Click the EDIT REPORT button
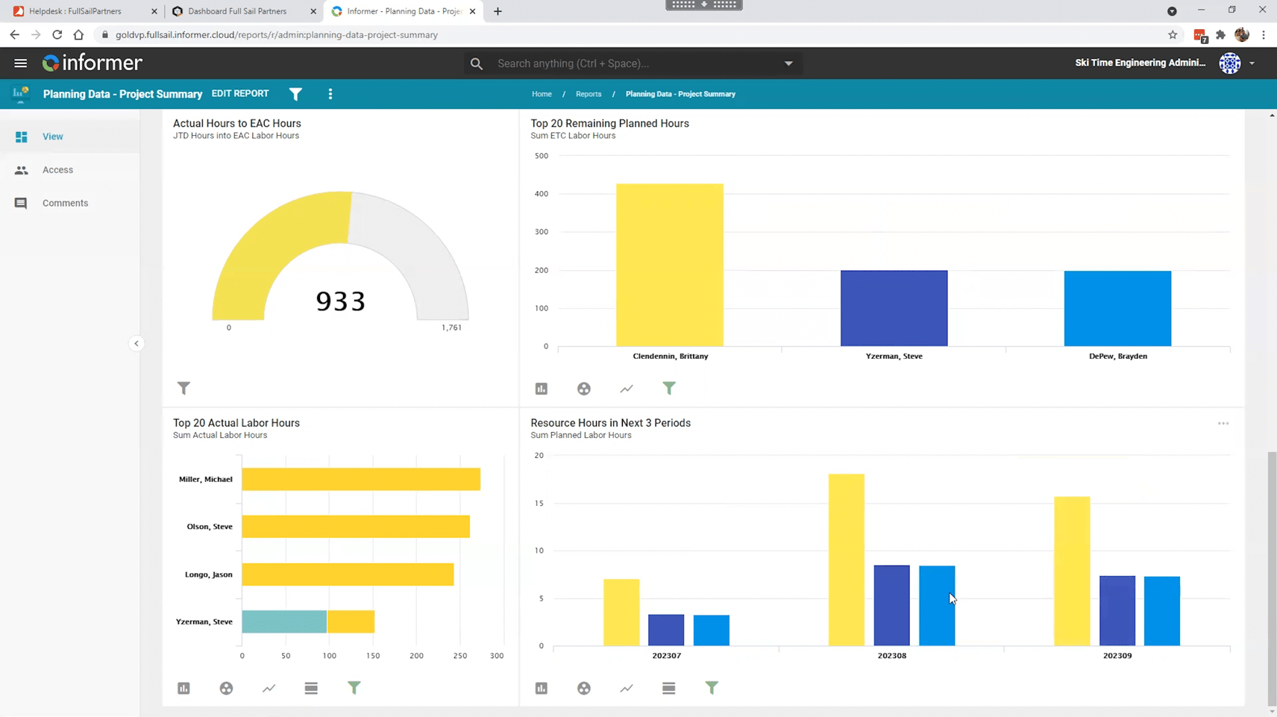[x=239, y=94]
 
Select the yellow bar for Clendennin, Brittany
[x=669, y=265]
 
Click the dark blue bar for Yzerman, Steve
[x=894, y=308]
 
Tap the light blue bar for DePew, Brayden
[x=1117, y=308]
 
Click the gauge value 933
[x=341, y=301]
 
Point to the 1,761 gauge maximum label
[x=451, y=328]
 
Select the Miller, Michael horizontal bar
[x=360, y=479]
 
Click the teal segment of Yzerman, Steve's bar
[x=283, y=621]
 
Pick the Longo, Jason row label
[x=208, y=574]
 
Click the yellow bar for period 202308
[x=846, y=560]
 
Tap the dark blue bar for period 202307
[x=666, y=630]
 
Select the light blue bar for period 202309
[x=1161, y=610]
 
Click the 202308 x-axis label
[x=891, y=656]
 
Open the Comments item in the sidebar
[x=65, y=203]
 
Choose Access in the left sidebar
[x=57, y=170]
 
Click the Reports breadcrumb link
[x=588, y=94]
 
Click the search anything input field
[x=634, y=63]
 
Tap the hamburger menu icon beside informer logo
[x=20, y=63]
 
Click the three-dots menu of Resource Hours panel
[x=1223, y=424]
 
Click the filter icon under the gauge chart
[x=183, y=388]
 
